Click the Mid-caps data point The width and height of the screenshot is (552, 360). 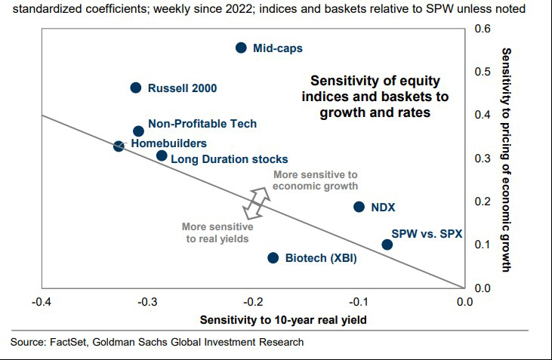pyautogui.click(x=241, y=48)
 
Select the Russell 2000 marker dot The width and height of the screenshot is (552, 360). pyautogui.click(x=136, y=88)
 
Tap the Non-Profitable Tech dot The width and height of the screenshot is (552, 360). pyautogui.click(x=138, y=131)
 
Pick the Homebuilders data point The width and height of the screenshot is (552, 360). pyautogui.click(x=119, y=146)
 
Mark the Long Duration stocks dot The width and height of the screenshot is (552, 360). pyautogui.click(x=162, y=155)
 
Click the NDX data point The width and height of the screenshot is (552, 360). pyautogui.click(x=359, y=207)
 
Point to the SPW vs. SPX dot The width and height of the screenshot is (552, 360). pyautogui.click(x=387, y=245)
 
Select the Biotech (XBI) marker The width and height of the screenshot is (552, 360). pyautogui.click(x=273, y=257)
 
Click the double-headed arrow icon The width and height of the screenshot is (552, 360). pyautogui.click(x=257, y=200)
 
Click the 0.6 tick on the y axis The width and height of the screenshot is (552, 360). pyautogui.click(x=482, y=29)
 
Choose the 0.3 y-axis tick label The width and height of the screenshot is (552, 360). pyautogui.click(x=482, y=158)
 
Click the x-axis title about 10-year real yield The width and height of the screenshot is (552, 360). pyautogui.click(x=283, y=320)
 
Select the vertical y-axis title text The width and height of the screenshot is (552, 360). pyautogui.click(x=507, y=159)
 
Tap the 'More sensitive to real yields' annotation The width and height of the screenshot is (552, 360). pyautogui.click(x=217, y=232)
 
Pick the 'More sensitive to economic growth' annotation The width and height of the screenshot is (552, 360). pyautogui.click(x=315, y=180)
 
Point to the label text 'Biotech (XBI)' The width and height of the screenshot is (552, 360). pyautogui.click(x=321, y=258)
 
